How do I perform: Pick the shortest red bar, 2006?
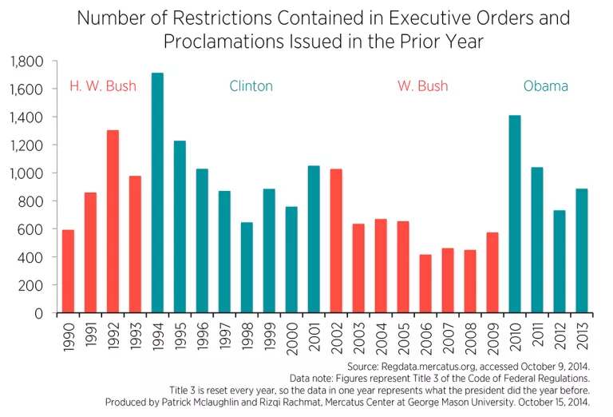(425, 284)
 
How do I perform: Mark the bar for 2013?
(582, 251)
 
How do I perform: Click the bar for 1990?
(68, 272)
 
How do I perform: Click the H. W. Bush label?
(103, 86)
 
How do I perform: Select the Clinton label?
(251, 86)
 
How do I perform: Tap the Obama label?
(545, 86)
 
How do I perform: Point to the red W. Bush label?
(422, 86)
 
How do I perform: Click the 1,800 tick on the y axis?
(26, 62)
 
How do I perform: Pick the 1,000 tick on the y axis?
(26, 173)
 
